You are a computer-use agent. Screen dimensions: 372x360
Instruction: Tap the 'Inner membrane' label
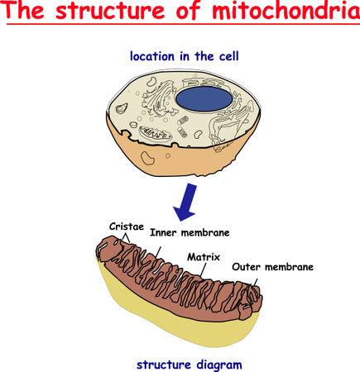coord(189,232)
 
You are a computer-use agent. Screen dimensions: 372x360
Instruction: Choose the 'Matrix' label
coord(203,257)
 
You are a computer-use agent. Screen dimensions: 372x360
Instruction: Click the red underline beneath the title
coord(180,26)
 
